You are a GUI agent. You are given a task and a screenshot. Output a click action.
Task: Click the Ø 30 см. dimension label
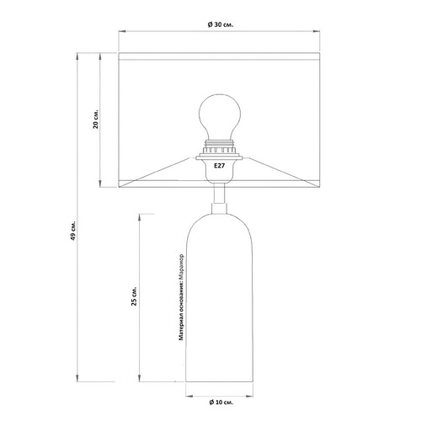[x=221, y=24]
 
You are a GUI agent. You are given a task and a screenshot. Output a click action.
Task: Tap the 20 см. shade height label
[x=96, y=119]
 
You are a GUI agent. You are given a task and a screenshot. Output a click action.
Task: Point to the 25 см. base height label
[x=135, y=296]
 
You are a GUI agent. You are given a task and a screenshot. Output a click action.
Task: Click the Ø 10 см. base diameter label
[x=221, y=402]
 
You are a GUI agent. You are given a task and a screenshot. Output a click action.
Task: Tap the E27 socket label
[x=219, y=166]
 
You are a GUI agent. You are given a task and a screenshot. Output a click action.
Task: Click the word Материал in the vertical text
[x=182, y=328]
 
